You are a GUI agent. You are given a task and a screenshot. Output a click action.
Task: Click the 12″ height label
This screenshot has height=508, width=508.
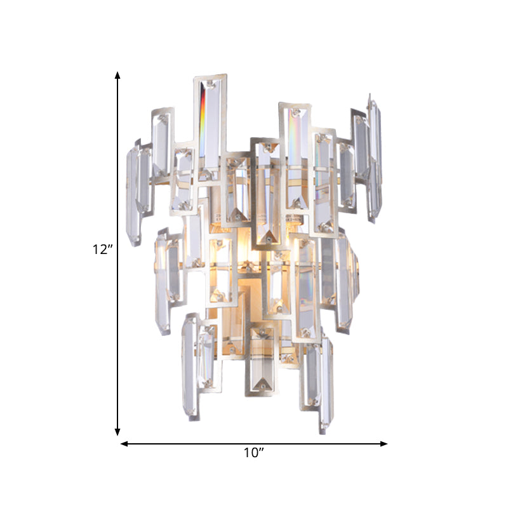tap(102, 250)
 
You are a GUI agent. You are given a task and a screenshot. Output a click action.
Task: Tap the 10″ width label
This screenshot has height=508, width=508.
tap(253, 453)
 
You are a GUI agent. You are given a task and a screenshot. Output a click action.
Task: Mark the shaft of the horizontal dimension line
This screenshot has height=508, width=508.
tap(190, 443)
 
